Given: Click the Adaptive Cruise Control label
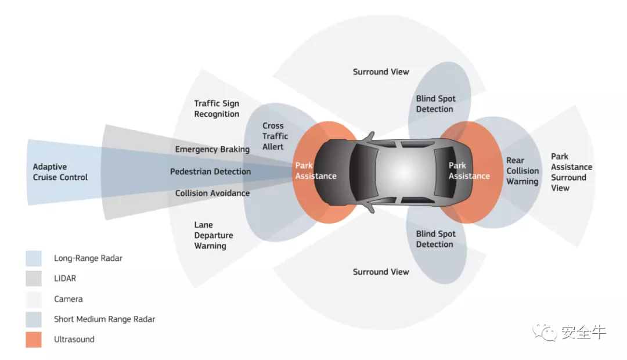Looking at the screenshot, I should point(60,172).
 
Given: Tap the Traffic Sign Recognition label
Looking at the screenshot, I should point(217,109).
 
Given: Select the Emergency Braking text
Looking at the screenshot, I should point(212,149).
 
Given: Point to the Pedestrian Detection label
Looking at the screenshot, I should point(210,171).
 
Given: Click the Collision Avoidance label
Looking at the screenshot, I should point(212,193).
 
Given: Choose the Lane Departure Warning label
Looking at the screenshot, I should point(214,235).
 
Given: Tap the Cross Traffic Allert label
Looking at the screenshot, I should point(273,136).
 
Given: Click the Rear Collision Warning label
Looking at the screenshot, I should point(522,171).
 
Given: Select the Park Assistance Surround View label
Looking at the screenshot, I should point(571,172).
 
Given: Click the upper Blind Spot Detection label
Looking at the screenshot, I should point(435,104).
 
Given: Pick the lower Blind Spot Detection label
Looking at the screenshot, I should point(435,239).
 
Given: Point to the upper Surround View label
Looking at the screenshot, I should point(381,71).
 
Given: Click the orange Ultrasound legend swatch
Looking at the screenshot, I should point(34,340).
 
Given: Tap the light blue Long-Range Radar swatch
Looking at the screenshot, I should point(34,258).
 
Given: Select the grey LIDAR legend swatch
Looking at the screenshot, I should point(34,279).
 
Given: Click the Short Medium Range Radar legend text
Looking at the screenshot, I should point(105,319).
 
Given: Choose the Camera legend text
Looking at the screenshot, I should point(69,299).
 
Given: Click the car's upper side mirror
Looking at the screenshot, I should point(367,137).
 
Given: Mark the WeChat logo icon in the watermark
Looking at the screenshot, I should point(545,332).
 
